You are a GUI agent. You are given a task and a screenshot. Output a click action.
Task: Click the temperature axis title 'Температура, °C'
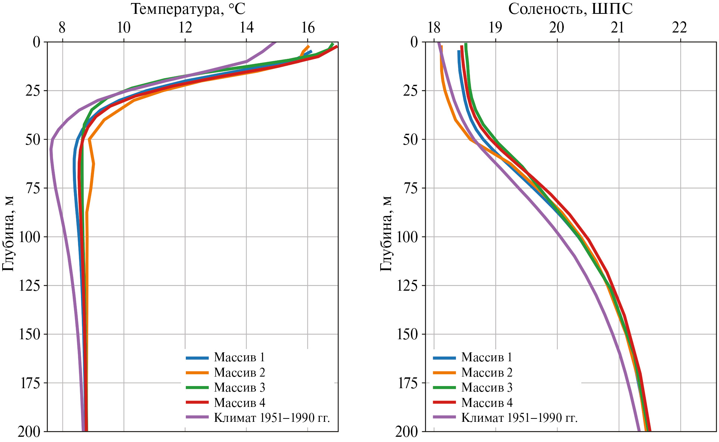188,9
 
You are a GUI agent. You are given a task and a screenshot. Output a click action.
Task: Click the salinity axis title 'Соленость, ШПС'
570,9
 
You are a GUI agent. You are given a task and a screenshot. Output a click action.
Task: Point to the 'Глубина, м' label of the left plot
8,233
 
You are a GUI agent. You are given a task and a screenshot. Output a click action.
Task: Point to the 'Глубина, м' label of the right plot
386,233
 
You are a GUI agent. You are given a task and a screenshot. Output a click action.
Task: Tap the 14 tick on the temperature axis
247,28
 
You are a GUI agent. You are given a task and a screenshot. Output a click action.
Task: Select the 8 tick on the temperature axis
62,28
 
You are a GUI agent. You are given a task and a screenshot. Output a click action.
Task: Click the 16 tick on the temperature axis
308,28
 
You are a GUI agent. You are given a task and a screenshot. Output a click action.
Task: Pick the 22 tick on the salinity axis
680,28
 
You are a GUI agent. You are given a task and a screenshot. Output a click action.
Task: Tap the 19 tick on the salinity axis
496,28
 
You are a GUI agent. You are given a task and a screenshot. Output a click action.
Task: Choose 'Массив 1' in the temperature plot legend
239,358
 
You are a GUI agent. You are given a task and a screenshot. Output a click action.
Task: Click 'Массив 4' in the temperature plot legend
240,403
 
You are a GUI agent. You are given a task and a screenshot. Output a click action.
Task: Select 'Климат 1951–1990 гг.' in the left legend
272,418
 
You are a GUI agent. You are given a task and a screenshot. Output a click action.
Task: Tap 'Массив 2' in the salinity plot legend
487,373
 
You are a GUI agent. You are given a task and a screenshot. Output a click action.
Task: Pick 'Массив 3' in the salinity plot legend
487,388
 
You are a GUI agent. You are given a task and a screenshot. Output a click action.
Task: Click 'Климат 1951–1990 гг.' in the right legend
519,418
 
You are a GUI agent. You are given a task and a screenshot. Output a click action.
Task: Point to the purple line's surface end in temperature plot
275,42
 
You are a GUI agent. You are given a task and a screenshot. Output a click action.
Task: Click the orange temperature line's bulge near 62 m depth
94,164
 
